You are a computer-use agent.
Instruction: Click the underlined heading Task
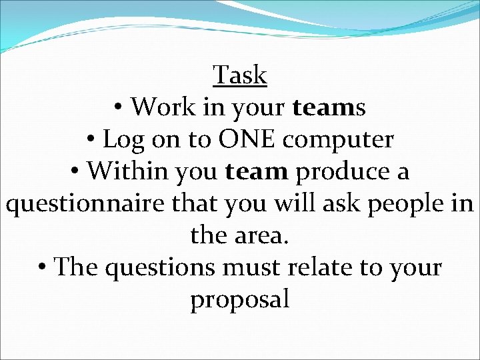240,75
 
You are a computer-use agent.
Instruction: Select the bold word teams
329,107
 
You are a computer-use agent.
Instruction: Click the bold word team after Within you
257,171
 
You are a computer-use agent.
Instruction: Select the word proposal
240,301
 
